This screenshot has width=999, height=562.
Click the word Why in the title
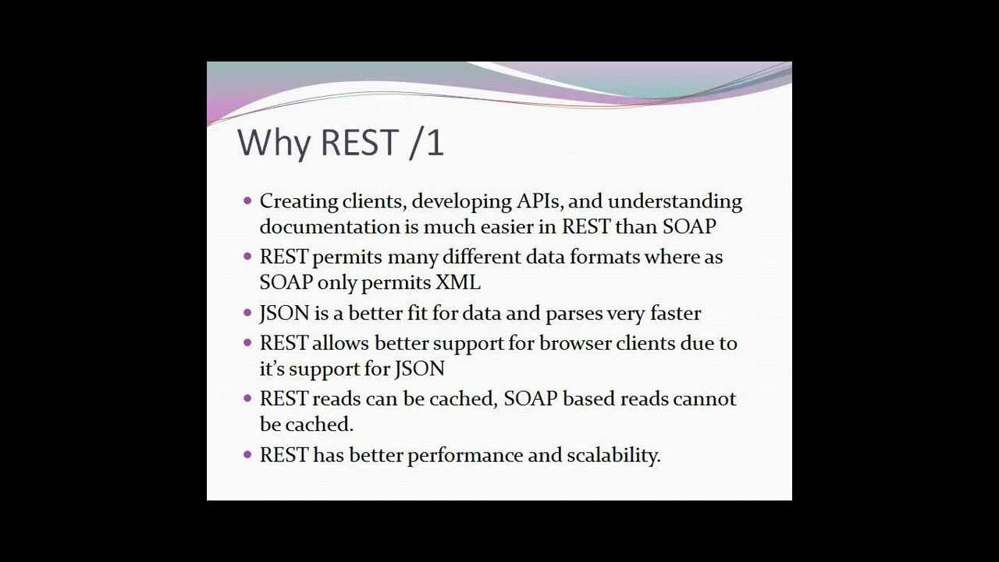pyautogui.click(x=273, y=144)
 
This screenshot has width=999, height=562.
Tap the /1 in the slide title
pyautogui.click(x=426, y=143)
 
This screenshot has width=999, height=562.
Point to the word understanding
pyautogui.click(x=675, y=202)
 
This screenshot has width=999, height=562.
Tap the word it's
pyautogui.click(x=272, y=369)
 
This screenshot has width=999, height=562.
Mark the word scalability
pyautogui.click(x=613, y=456)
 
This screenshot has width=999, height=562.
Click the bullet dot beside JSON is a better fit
pyautogui.click(x=248, y=313)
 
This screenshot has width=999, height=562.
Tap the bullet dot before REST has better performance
pyautogui.click(x=248, y=455)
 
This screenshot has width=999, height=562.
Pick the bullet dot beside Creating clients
pyautogui.click(x=248, y=201)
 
